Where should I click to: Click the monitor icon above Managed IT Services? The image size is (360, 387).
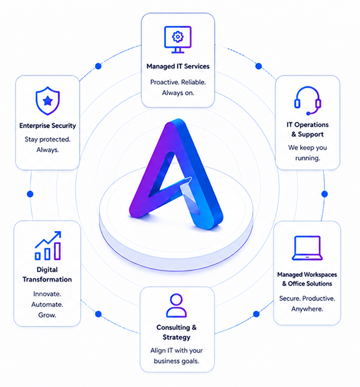click(178, 40)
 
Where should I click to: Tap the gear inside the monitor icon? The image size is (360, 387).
click(178, 37)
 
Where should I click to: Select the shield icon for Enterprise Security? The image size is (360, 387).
click(48, 101)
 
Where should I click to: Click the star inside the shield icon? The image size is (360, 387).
click(48, 101)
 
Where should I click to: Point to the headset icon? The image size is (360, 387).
click(308, 100)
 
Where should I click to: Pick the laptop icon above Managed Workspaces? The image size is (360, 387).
click(307, 248)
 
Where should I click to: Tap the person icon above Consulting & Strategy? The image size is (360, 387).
click(176, 305)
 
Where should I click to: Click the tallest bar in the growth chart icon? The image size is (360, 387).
click(57, 251)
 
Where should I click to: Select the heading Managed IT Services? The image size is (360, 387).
click(178, 66)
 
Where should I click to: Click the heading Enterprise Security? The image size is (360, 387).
click(48, 126)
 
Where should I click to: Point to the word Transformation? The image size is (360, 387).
click(47, 280)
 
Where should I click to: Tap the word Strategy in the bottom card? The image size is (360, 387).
click(176, 338)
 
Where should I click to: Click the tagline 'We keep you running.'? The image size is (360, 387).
click(307, 153)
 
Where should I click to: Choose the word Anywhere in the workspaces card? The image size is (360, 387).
click(307, 309)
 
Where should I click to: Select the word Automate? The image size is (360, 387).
click(47, 304)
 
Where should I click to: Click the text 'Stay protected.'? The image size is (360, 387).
click(48, 140)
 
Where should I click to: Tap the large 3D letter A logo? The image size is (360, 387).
click(176, 174)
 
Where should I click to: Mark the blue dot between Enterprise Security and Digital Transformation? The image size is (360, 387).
click(30, 194)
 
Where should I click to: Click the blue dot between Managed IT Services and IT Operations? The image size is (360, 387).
click(258, 66)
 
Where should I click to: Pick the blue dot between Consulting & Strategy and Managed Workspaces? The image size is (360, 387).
click(256, 314)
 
